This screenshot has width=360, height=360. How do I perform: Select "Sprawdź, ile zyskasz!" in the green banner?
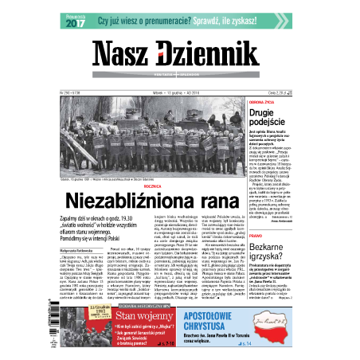(x=239, y=22)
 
